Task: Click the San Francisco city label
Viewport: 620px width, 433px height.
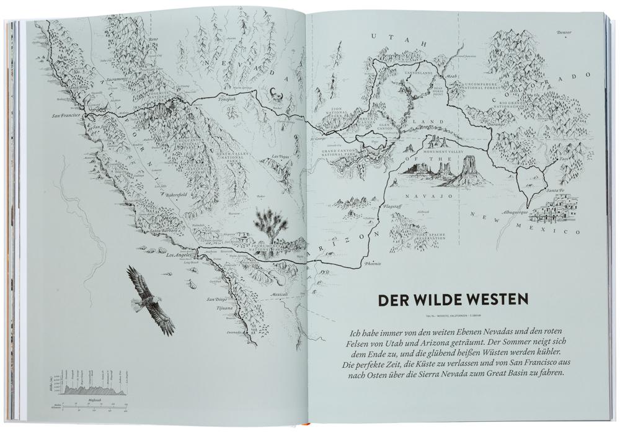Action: [x=67, y=115]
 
